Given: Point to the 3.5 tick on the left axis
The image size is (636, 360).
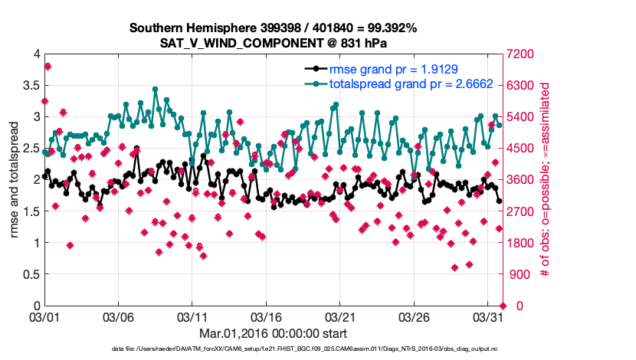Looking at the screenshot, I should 28,85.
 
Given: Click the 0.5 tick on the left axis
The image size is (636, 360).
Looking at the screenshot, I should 28,274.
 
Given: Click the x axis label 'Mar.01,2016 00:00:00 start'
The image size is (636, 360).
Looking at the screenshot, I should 273,333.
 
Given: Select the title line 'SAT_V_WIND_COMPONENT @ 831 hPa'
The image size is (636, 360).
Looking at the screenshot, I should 273,42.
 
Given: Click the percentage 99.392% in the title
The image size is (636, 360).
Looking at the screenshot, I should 390,28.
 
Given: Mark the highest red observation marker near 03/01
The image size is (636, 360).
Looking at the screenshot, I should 48,67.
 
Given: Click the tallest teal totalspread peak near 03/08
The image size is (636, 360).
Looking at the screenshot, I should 155,90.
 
